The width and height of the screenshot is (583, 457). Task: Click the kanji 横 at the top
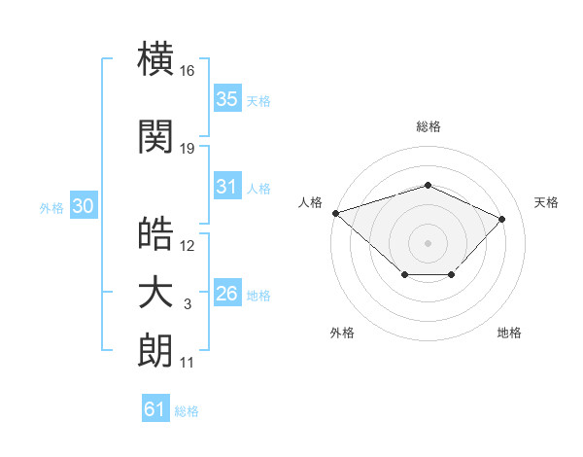click(x=155, y=58)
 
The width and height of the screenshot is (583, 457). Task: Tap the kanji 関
click(x=155, y=136)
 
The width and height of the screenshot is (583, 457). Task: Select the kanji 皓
click(x=155, y=233)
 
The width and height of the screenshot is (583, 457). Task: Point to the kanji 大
click(x=155, y=294)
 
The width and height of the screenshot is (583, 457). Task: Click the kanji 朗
click(x=155, y=350)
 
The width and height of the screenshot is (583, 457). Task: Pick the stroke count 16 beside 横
click(x=187, y=71)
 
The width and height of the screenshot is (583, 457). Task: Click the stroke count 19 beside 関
click(x=187, y=149)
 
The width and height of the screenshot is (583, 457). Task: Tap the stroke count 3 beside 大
click(x=188, y=304)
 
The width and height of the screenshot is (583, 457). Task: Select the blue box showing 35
click(x=227, y=98)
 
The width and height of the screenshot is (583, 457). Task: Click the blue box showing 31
click(x=227, y=186)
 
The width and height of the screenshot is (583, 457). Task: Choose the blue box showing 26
click(x=227, y=292)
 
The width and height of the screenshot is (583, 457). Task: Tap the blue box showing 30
click(x=84, y=205)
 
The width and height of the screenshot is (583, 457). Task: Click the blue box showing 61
click(x=155, y=407)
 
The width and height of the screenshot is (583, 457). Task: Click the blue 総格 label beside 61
click(x=187, y=411)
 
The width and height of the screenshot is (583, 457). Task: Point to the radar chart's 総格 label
click(x=429, y=126)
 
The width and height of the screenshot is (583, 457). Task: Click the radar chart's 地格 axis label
click(x=509, y=333)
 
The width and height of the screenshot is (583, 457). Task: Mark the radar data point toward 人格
click(x=336, y=213)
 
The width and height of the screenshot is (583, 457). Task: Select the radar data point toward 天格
click(x=501, y=219)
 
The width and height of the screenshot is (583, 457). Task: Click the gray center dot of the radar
click(x=428, y=243)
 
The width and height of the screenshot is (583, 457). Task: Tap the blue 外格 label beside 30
click(x=51, y=208)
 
